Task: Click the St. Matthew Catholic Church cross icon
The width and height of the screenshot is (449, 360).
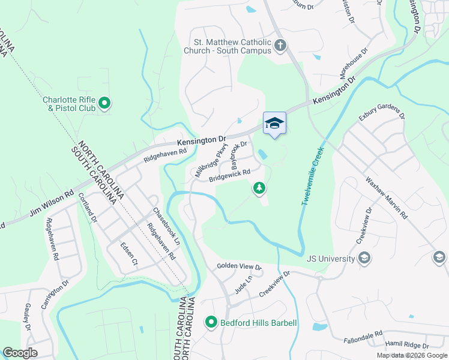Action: click(x=280, y=46)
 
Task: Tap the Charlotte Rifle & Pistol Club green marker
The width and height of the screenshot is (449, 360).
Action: click(x=104, y=104)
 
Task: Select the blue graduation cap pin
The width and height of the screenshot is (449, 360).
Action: click(x=274, y=123)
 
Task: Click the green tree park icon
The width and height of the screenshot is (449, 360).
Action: click(x=259, y=188)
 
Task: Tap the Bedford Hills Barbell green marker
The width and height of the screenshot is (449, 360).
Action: click(x=211, y=323)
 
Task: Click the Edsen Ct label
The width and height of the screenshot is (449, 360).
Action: click(x=129, y=254)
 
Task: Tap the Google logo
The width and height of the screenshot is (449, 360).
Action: click(x=20, y=353)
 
